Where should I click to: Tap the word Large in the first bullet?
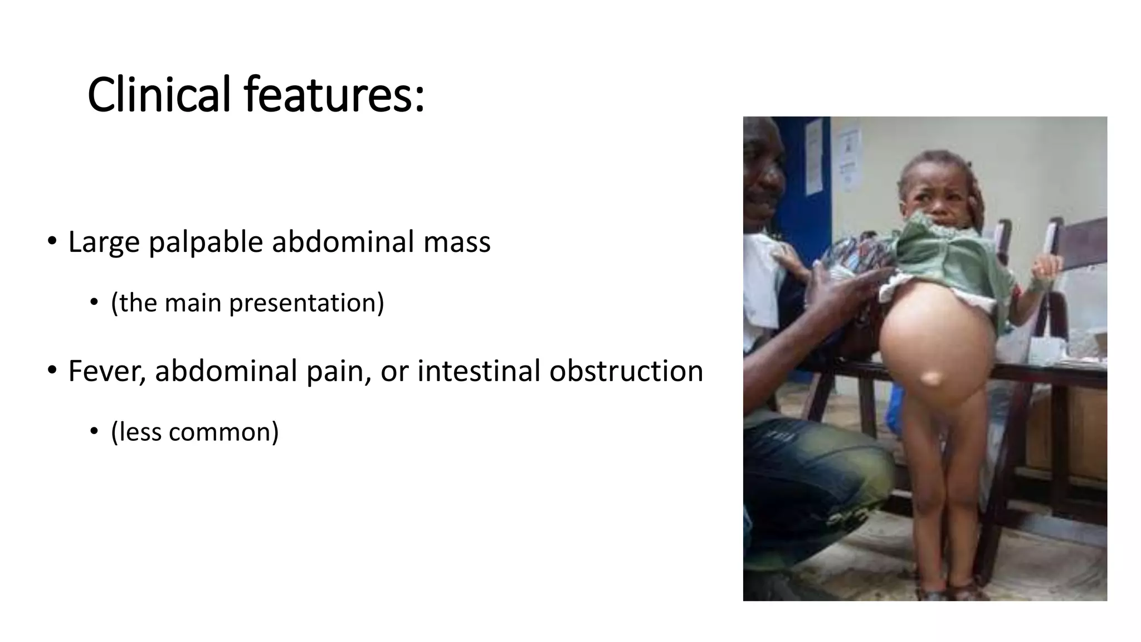104,242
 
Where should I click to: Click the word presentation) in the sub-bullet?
306,303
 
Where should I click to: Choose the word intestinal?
479,371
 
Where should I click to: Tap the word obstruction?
626,371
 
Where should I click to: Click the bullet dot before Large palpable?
52,241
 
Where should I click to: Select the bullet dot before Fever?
52,370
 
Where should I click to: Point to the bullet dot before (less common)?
94,431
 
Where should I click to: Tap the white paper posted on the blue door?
813,156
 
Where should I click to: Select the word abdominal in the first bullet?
343,242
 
